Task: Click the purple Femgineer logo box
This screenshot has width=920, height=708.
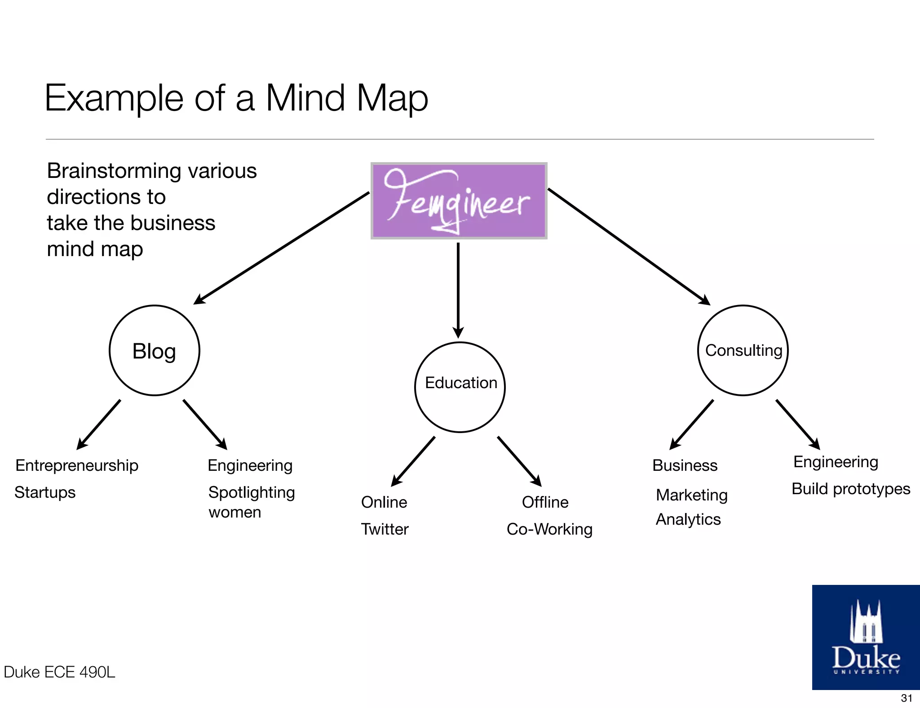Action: [459, 201]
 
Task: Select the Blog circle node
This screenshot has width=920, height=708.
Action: [154, 350]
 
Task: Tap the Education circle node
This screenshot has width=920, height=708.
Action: [460, 387]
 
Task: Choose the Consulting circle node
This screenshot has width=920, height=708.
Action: [743, 350]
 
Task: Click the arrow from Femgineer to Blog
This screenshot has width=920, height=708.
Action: [281, 248]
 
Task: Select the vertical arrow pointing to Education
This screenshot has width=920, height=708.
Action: [458, 290]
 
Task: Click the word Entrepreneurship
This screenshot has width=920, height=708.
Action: [77, 465]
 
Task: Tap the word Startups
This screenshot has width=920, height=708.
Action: [45, 492]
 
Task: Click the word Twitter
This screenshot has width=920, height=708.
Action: [385, 529]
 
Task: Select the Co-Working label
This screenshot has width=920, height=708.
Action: [549, 529]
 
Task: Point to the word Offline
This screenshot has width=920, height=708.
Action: [545, 502]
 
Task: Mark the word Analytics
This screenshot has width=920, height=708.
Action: [688, 519]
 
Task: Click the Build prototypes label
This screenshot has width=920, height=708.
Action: [850, 489]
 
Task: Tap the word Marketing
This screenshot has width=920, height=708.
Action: [692, 495]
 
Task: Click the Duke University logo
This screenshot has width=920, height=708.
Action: [866, 637]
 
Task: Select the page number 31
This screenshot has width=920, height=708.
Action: [907, 698]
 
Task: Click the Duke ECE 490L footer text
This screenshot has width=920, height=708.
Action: [59, 672]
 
